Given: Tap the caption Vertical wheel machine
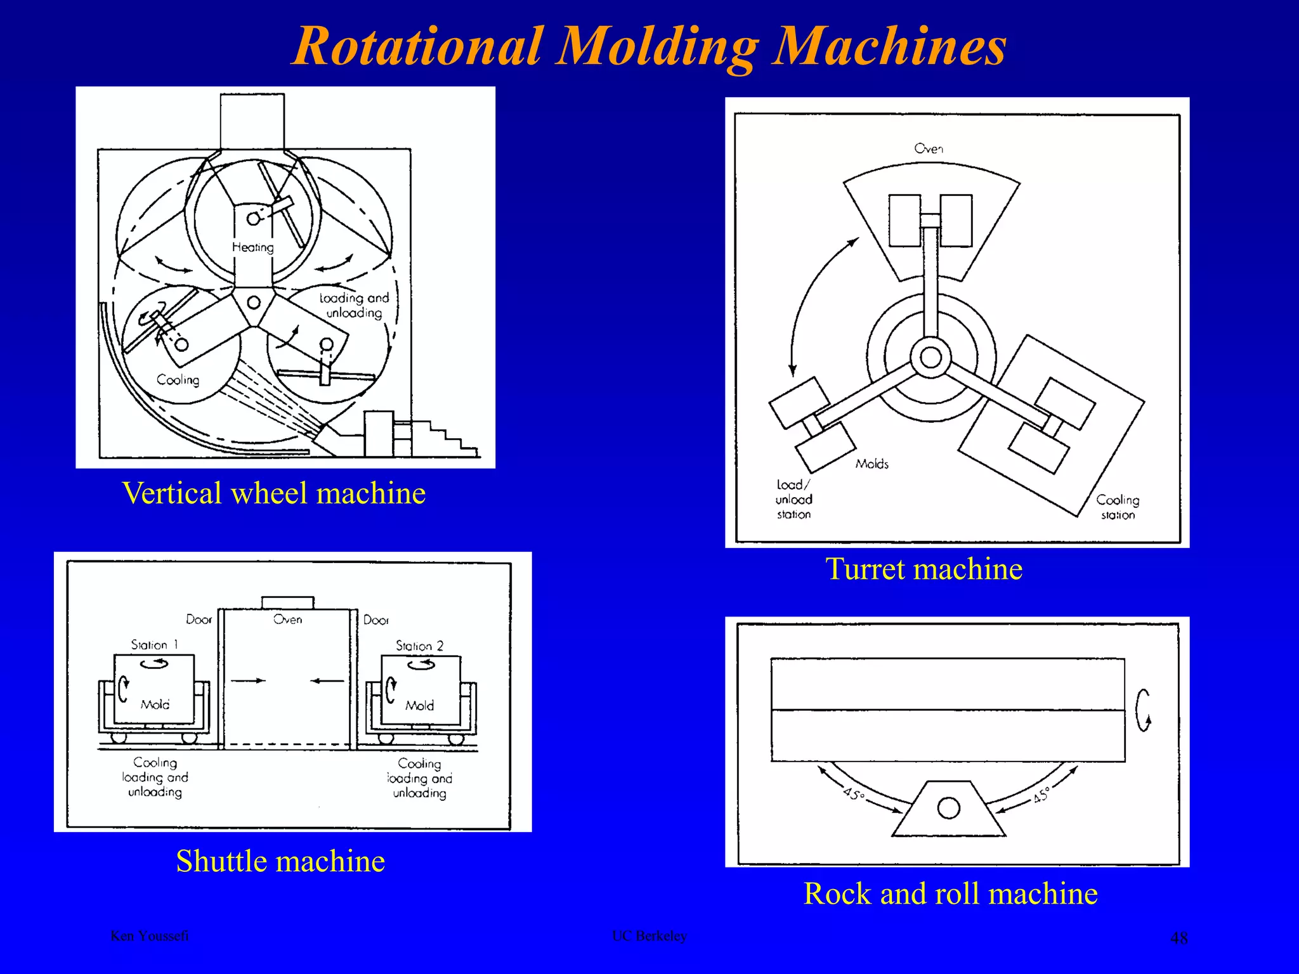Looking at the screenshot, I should click(x=273, y=493).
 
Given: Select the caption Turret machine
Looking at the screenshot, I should click(x=924, y=569).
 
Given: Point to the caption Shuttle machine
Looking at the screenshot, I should click(x=280, y=861).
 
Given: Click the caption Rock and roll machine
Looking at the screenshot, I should click(x=950, y=893).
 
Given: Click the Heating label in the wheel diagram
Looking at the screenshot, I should click(x=252, y=247).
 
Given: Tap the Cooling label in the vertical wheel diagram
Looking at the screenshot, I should click(x=178, y=380).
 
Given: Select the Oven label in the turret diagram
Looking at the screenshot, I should click(x=929, y=148).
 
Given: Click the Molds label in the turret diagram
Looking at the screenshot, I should click(x=871, y=464).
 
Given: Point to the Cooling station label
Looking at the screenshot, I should click(x=1118, y=507).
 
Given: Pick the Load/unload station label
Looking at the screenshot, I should click(x=793, y=500).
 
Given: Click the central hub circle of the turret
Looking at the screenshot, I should click(x=930, y=358).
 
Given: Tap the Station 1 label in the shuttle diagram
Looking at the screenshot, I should click(x=154, y=645).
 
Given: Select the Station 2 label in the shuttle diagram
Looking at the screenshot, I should click(x=419, y=646).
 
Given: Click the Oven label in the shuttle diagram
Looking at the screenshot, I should click(x=287, y=620).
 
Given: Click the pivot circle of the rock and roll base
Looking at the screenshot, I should click(x=948, y=808).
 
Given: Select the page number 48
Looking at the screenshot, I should click(x=1178, y=938).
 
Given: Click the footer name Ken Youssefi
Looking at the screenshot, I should click(x=150, y=936).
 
